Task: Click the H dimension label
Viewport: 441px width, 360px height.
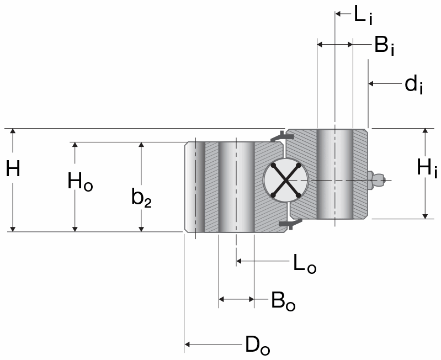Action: point(13,169)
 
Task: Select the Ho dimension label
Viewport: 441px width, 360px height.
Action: point(79,181)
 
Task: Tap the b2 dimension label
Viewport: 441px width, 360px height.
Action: point(141,198)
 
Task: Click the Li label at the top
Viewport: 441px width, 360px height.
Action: point(363,15)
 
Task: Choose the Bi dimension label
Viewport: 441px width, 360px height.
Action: point(384,46)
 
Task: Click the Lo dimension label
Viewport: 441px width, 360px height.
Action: point(305,264)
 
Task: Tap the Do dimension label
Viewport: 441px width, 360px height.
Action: point(257,346)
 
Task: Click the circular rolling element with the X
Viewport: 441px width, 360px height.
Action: point(285,180)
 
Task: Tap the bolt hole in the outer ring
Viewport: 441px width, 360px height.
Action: point(236,187)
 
